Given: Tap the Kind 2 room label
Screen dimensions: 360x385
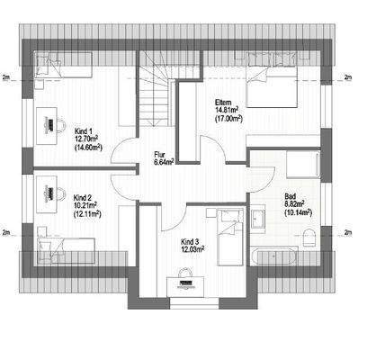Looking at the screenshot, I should click(83, 196).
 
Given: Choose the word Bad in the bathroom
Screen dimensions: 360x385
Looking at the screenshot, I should click(290, 196).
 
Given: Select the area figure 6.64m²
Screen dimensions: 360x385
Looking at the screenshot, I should click(162, 162).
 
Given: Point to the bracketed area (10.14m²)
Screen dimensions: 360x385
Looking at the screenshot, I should click(298, 213).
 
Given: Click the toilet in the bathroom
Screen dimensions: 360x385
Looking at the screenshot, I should click(309, 235).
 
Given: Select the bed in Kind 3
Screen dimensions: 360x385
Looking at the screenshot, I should click(228, 233).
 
